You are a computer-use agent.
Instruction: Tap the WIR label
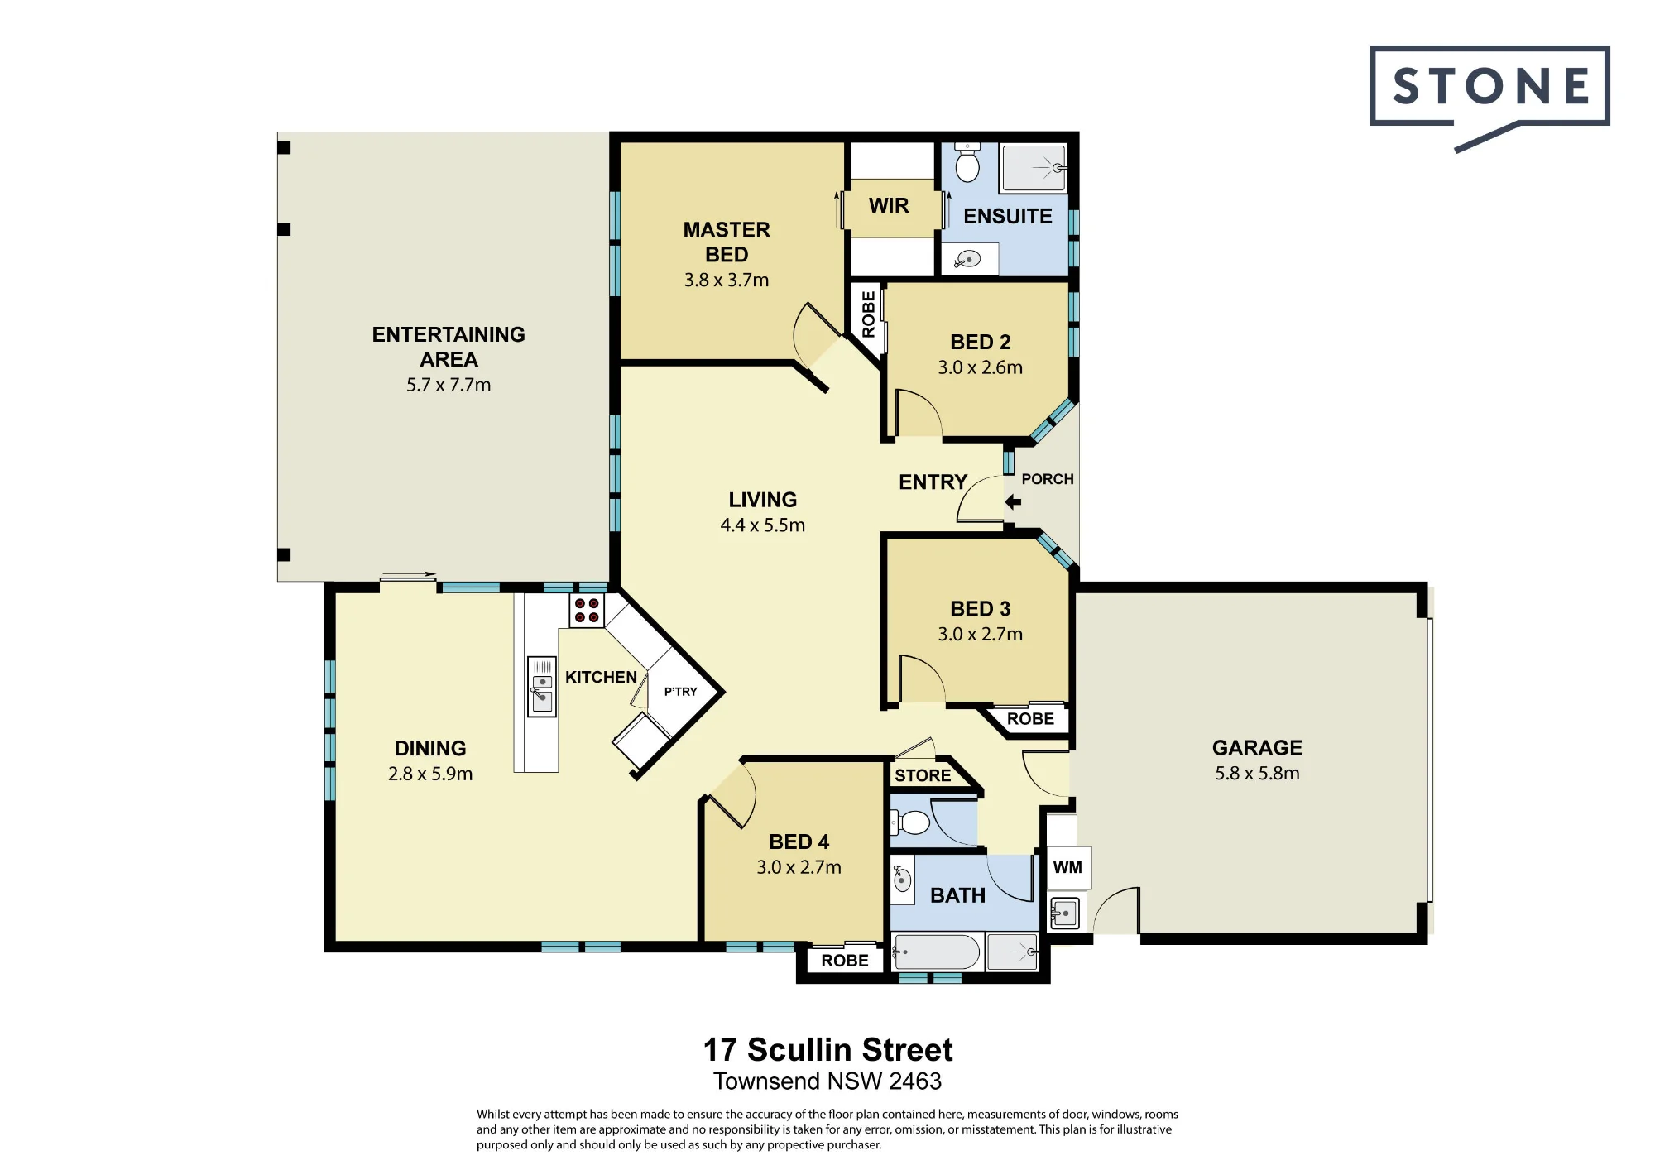click(889, 205)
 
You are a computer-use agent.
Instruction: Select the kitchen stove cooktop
click(587, 611)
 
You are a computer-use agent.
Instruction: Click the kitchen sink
click(542, 687)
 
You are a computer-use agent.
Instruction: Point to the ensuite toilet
click(967, 162)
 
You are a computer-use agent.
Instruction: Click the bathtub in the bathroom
click(937, 952)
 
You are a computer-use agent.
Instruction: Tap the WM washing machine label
click(1067, 867)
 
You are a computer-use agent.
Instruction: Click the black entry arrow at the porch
click(1013, 501)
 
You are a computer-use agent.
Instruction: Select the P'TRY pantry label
click(680, 691)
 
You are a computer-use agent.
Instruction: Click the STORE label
click(923, 775)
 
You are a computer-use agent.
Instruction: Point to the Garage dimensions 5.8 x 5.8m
click(1257, 773)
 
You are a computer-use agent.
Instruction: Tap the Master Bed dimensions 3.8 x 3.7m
click(727, 280)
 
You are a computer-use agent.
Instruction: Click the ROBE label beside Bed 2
click(868, 314)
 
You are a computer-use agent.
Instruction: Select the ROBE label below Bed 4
click(845, 961)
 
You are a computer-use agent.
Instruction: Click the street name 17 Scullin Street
click(827, 1050)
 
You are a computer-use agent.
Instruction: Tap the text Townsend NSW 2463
click(827, 1081)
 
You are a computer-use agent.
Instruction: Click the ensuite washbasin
click(968, 260)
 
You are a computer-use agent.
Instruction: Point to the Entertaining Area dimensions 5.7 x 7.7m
click(449, 385)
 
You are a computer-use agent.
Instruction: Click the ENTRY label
click(933, 482)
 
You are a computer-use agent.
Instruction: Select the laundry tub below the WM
click(1065, 913)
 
